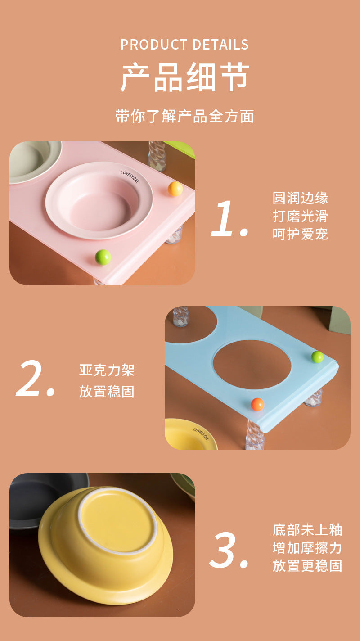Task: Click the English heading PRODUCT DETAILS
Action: [x=184, y=45]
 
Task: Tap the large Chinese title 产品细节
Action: [x=184, y=78]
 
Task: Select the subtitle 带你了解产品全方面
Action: [x=184, y=116]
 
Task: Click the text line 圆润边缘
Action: [x=300, y=198]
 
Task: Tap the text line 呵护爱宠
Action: [x=300, y=234]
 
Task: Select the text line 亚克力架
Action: [x=107, y=370]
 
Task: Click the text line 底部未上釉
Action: [x=307, y=530]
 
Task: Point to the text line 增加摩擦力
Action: [x=307, y=548]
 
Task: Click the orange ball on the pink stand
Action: [x=175, y=189]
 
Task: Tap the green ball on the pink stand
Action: [x=103, y=257]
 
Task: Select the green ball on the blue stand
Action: [x=317, y=357]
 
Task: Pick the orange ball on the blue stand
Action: [x=257, y=404]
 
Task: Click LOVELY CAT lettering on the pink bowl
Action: [x=130, y=176]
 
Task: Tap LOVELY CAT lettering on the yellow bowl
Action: [x=201, y=434]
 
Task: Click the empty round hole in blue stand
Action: [x=252, y=365]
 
